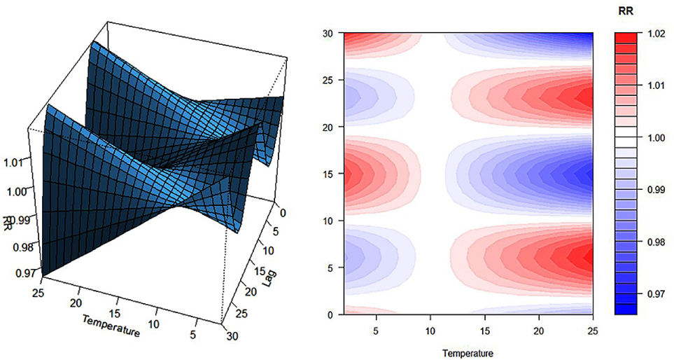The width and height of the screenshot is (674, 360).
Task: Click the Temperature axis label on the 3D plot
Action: (x=110, y=327)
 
